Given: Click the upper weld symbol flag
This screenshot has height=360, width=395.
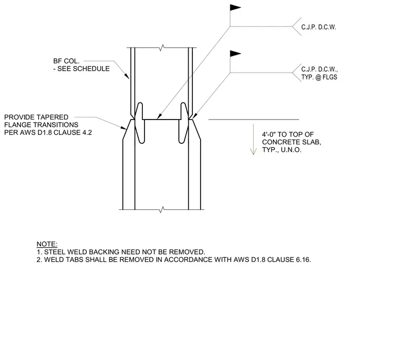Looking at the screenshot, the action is (x=235, y=8).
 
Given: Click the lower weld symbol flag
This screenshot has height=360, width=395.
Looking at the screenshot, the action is (x=235, y=54).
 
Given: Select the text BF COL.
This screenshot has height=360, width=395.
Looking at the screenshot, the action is (x=66, y=61).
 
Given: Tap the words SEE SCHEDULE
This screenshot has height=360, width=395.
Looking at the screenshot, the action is (x=83, y=69).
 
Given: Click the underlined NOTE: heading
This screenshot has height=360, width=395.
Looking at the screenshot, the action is (x=47, y=244).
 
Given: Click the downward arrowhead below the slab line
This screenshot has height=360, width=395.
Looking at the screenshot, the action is (x=253, y=151).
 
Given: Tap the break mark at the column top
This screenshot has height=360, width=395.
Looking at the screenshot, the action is (x=162, y=47).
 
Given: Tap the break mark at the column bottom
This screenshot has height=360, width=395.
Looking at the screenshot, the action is (x=162, y=209).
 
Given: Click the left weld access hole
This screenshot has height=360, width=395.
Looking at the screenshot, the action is (x=140, y=123).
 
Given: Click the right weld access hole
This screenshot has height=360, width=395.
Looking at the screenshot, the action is (x=183, y=123).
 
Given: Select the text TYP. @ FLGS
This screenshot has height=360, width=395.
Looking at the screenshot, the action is (x=319, y=77).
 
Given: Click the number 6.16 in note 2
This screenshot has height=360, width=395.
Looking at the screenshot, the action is (x=304, y=260).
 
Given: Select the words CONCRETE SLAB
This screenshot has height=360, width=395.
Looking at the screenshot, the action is (x=292, y=142).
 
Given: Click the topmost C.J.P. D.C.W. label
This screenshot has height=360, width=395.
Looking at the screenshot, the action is (x=319, y=27).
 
